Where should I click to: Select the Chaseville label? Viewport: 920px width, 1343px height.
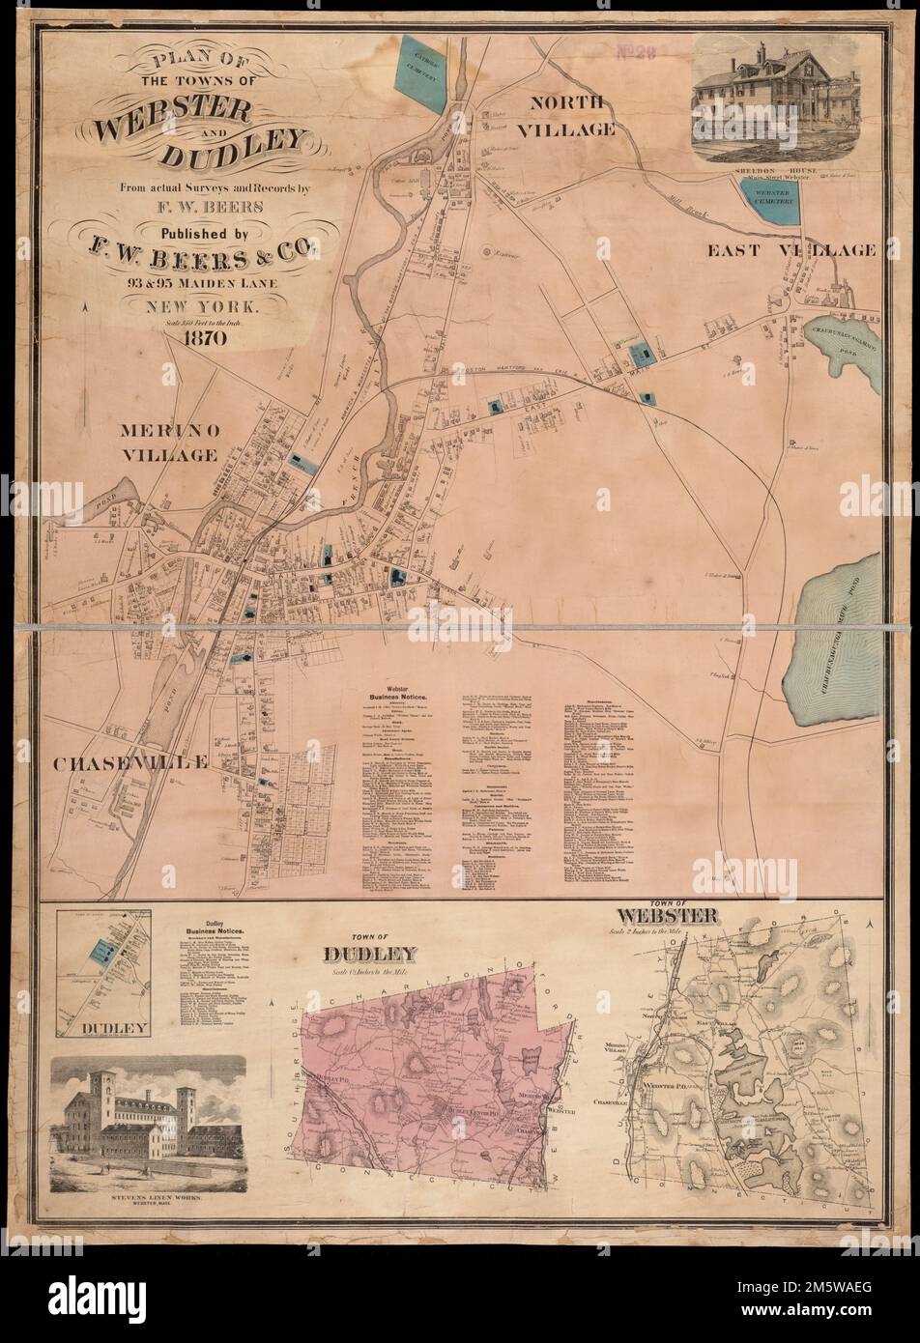(129, 762)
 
